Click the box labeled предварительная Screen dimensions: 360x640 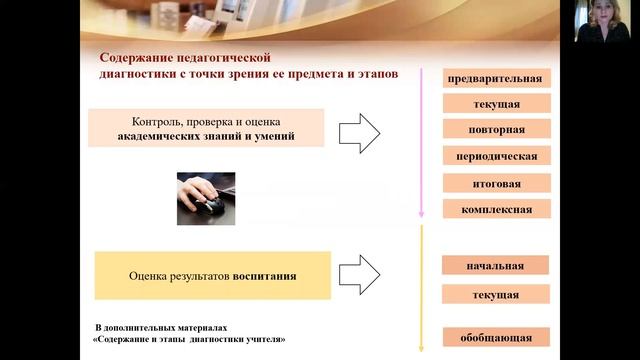pyautogui.click(x=496, y=79)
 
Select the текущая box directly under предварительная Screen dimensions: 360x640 pyautogui.click(x=496, y=104)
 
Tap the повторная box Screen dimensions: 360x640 pyautogui.click(x=496, y=130)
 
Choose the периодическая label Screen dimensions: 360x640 pyautogui.click(x=496, y=156)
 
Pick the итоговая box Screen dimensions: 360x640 pyautogui.click(x=496, y=183)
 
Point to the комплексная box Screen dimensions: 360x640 pyautogui.click(x=496, y=209)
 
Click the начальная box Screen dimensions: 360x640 pyautogui.click(x=495, y=266)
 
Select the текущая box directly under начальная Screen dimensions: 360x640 pyautogui.click(x=495, y=295)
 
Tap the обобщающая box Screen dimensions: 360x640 pyautogui.click(x=495, y=337)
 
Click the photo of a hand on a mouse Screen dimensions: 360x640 pyautogui.click(x=206, y=197)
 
